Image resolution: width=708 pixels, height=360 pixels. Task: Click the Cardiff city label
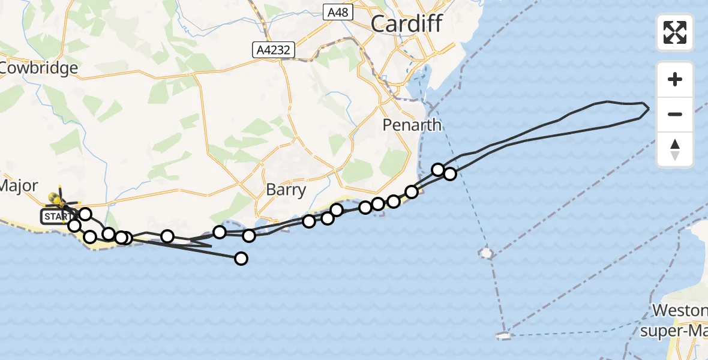click(406, 24)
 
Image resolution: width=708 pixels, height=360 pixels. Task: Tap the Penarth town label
click(413, 125)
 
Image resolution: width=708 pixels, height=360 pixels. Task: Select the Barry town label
click(286, 191)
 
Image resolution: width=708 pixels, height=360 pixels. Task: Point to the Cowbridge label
click(39, 68)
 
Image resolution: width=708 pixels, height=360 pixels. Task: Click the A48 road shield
click(338, 13)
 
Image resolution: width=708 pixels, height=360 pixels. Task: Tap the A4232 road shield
click(274, 51)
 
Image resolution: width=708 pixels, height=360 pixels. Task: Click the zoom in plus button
click(675, 79)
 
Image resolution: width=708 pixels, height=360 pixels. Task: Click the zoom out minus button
click(675, 114)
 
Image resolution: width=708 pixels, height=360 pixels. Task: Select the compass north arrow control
click(675, 149)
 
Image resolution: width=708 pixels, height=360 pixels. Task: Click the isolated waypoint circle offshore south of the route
click(241, 259)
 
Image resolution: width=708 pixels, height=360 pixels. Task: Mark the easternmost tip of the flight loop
click(649, 110)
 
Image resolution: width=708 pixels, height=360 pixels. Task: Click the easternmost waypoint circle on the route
click(449, 174)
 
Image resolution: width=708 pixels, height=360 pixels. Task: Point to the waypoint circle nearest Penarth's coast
click(412, 192)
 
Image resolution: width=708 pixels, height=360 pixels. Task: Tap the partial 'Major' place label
click(19, 185)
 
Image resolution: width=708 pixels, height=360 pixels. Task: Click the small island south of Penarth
click(486, 253)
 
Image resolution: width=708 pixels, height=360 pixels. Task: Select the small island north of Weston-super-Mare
click(504, 337)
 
